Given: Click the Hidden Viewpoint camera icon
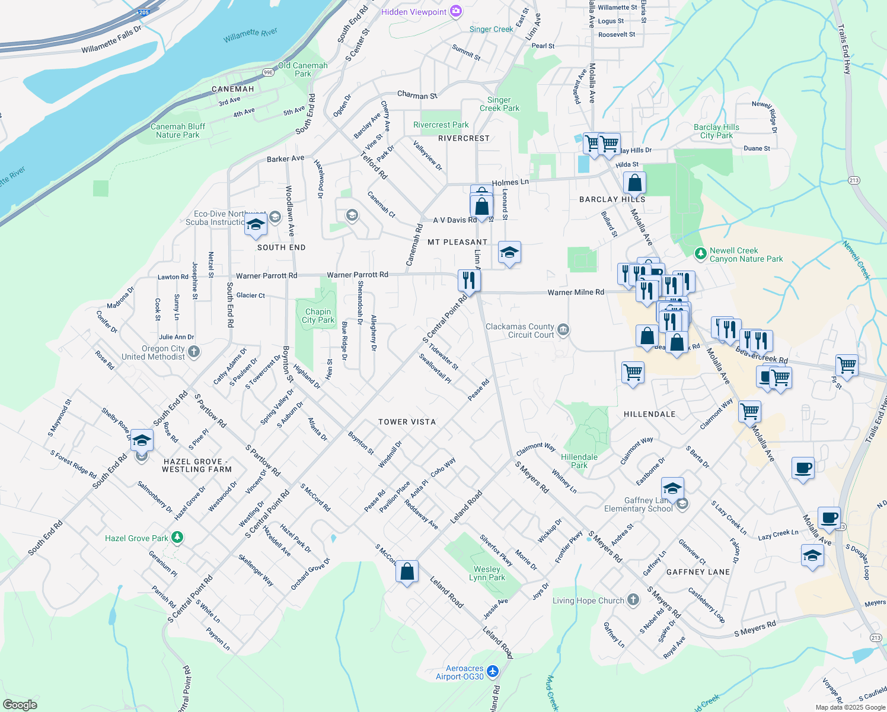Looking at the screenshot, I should pyautogui.click(x=455, y=11).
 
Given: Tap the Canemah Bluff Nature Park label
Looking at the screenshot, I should pyautogui.click(x=178, y=131).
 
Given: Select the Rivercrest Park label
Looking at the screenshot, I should pyautogui.click(x=441, y=125).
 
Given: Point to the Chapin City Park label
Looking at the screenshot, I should pyautogui.click(x=318, y=316).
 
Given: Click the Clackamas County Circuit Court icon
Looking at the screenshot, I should pyautogui.click(x=563, y=330).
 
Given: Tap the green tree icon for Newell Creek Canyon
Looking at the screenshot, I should pyautogui.click(x=700, y=254).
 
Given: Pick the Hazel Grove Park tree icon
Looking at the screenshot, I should pyautogui.click(x=177, y=538).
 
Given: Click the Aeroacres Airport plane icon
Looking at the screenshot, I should pyautogui.click(x=493, y=672).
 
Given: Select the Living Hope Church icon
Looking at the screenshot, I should pyautogui.click(x=633, y=600).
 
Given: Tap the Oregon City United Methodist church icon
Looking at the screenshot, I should pyautogui.click(x=194, y=352).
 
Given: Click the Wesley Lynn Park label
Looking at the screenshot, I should pyautogui.click(x=487, y=573).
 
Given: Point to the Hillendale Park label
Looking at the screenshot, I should pyautogui.click(x=579, y=461).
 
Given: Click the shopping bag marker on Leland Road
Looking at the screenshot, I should pyautogui.click(x=407, y=572).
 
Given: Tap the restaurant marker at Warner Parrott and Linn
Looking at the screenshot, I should pyautogui.click(x=469, y=280).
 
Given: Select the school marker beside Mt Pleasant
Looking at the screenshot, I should pyautogui.click(x=509, y=253).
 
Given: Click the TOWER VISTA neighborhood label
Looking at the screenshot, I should pyautogui.click(x=407, y=422).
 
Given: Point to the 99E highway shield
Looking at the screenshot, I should pyautogui.click(x=268, y=72).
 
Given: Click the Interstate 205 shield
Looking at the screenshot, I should pyautogui.click(x=143, y=12).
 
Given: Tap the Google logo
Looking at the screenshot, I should pyautogui.click(x=20, y=704).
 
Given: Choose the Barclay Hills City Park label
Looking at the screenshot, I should pyautogui.click(x=716, y=131).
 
